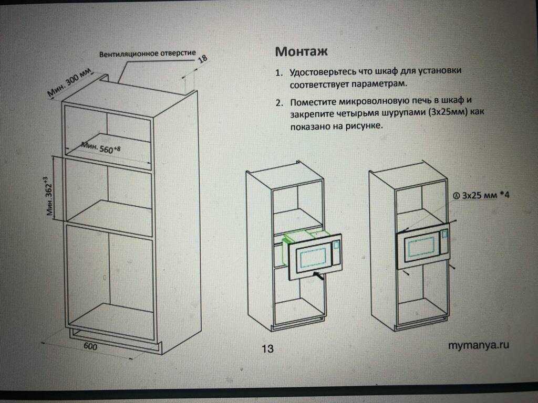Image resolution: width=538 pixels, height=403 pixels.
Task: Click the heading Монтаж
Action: coord(301,51)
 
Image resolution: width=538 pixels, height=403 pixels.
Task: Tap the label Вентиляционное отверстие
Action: coord(148,54)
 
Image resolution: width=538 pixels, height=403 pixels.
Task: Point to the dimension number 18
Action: coord(203,59)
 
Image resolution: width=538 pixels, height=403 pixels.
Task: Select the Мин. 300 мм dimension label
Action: coord(70,82)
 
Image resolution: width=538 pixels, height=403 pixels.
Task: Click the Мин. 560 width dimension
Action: coord(101,147)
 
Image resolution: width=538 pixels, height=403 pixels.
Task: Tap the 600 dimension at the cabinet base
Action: coord(90,346)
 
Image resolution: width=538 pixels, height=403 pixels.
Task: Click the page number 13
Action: coord(267,348)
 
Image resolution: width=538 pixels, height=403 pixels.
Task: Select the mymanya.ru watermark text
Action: coord(478,345)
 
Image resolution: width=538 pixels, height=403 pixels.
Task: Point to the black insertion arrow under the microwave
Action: coord(318,275)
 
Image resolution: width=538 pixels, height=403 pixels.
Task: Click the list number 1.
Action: coord(279,73)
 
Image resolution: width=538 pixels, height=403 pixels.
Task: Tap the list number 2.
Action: coord(280,103)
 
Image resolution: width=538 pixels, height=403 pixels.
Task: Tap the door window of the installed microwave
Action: coord(419,246)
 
